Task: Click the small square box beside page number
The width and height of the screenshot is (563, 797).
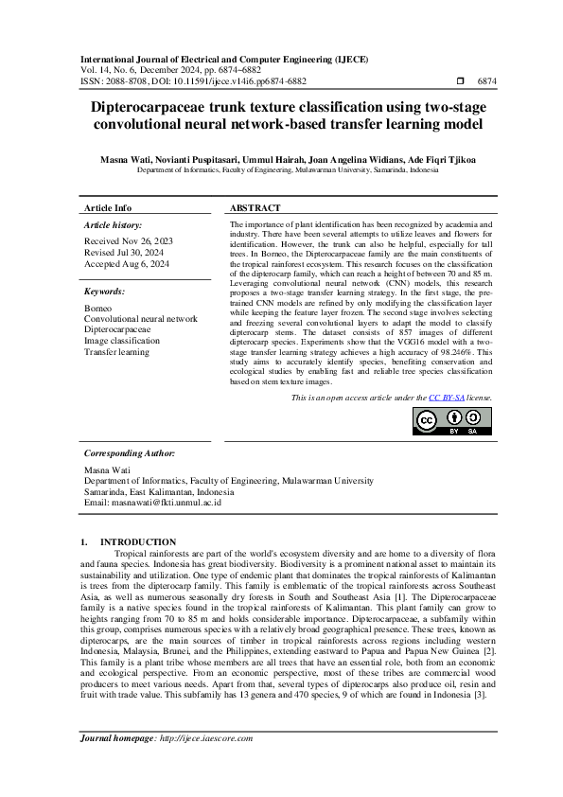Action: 460,82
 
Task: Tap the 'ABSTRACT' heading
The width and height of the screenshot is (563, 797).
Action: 255,207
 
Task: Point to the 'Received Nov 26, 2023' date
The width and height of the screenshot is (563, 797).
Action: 128,242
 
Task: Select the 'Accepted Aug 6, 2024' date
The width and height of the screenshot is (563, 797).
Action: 128,264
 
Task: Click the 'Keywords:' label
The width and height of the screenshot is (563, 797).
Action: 104,292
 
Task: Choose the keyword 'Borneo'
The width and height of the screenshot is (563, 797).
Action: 97,310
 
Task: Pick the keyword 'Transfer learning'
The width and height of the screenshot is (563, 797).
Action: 116,351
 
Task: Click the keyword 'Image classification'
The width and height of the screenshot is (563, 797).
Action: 122,341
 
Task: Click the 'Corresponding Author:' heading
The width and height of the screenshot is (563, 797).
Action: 130,453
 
